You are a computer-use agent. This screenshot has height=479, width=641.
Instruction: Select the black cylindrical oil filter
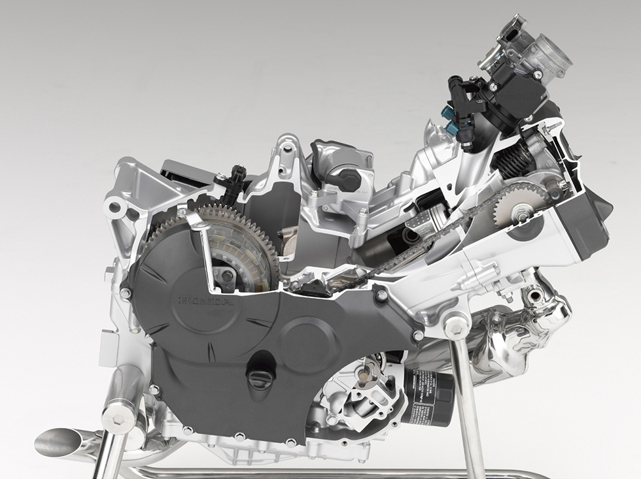coord(428,395)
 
